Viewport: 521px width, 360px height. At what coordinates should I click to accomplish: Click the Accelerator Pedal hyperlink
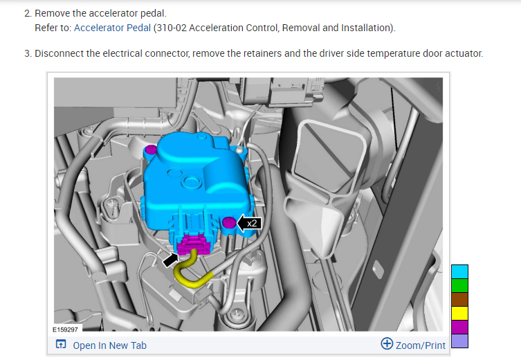[x=112, y=28]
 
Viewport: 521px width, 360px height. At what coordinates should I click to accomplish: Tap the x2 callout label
[x=252, y=223]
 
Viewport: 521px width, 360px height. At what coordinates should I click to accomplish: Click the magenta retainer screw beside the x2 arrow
[x=228, y=222]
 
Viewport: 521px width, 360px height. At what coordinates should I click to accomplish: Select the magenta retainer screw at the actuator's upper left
[x=152, y=150]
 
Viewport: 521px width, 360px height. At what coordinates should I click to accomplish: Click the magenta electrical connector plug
[x=193, y=244]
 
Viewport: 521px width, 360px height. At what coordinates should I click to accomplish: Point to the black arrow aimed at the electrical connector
[x=170, y=260]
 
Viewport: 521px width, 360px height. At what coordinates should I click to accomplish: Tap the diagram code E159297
[x=66, y=330]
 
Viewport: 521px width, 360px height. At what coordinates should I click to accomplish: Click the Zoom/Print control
[x=413, y=345]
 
